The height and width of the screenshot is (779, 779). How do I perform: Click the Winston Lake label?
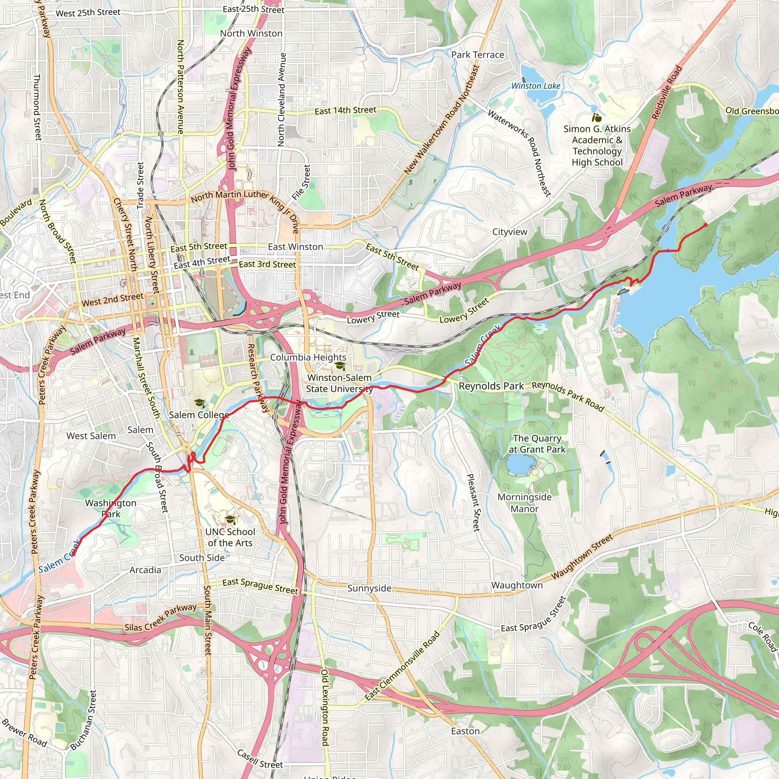pyautogui.click(x=536, y=86)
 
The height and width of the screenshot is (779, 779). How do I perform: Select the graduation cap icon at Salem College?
pyautogui.click(x=199, y=403)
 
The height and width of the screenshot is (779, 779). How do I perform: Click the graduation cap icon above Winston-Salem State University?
pyautogui.click(x=340, y=366)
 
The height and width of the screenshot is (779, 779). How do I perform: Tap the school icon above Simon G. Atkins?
pyautogui.click(x=596, y=118)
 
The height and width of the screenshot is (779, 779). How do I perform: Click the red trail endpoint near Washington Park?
pyautogui.click(x=73, y=555)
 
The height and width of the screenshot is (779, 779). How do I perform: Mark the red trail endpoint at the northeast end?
pyautogui.click(x=705, y=224)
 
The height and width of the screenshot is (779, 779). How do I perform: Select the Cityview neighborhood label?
pyautogui.click(x=510, y=232)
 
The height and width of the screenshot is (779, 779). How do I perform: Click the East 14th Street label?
pyautogui.click(x=345, y=110)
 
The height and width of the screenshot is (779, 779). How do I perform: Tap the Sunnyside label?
pyautogui.click(x=369, y=588)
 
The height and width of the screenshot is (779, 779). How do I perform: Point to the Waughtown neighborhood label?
pyautogui.click(x=517, y=585)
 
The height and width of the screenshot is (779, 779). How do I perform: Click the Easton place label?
pyautogui.click(x=465, y=731)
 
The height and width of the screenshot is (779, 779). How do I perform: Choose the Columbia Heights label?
pyautogui.click(x=308, y=357)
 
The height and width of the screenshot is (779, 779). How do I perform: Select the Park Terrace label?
pyautogui.click(x=477, y=55)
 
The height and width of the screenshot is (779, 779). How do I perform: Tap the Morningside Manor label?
pyautogui.click(x=524, y=503)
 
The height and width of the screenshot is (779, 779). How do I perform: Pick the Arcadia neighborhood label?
pyautogui.click(x=145, y=570)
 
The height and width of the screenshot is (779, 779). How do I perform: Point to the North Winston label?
pyautogui.click(x=251, y=33)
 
